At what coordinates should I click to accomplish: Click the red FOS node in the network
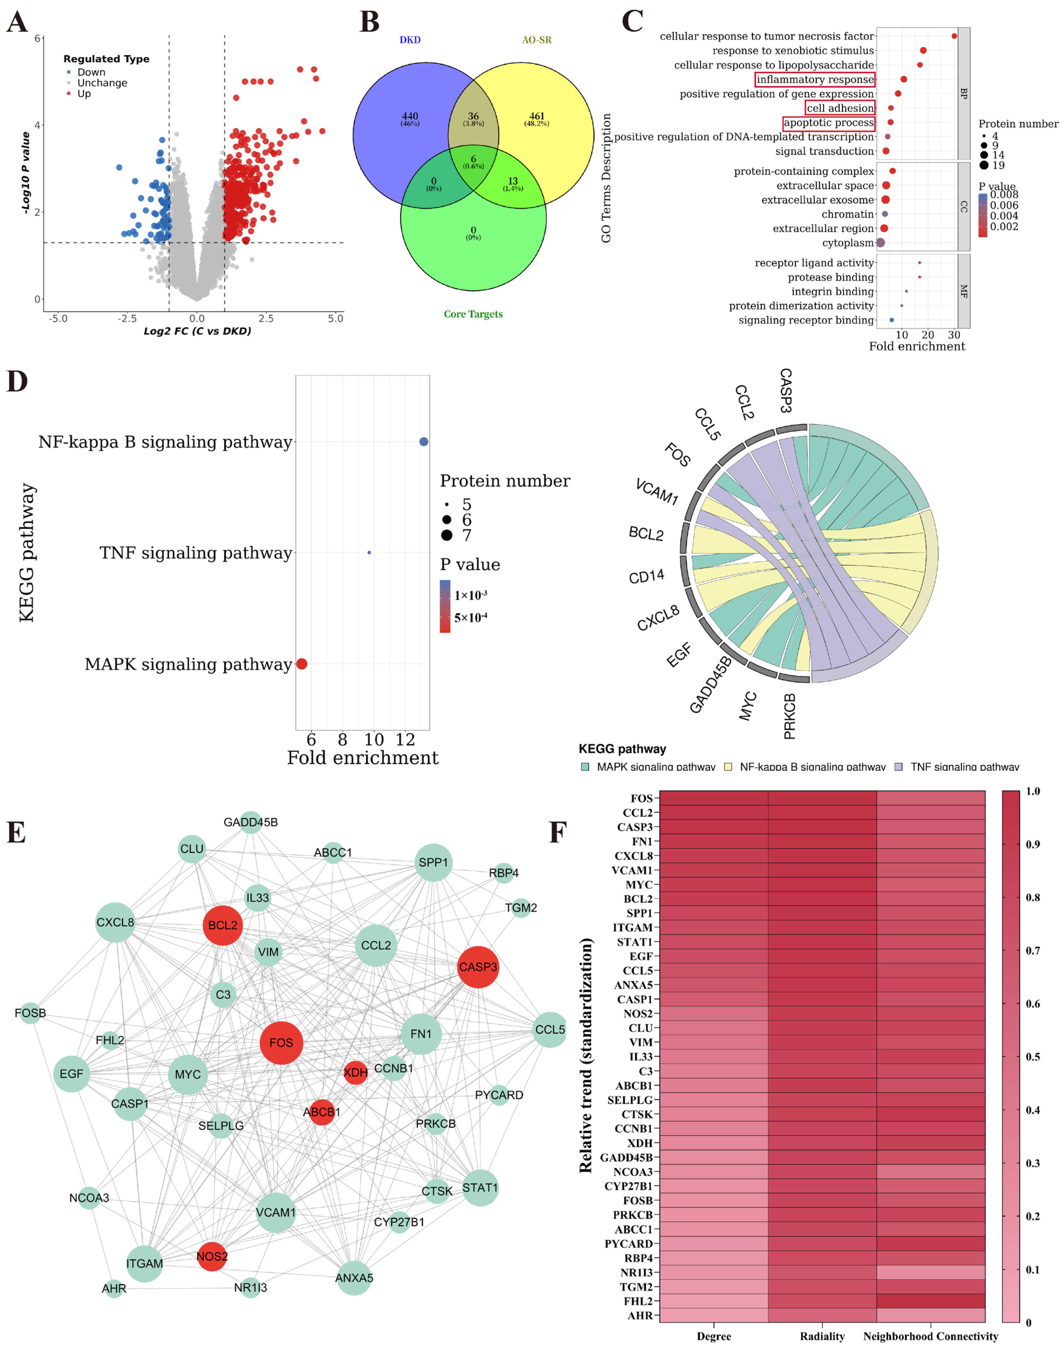281,1043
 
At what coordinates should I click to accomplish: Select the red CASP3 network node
478,967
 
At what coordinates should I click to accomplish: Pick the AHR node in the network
114,1288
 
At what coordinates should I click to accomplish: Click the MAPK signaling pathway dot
302,664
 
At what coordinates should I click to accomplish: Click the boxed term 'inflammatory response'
815,80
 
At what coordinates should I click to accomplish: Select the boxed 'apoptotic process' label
828,122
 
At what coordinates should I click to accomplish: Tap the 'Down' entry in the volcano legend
91,72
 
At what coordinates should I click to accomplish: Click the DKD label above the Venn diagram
410,40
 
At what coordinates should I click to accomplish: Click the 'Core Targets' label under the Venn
473,314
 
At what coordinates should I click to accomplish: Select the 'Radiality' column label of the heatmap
822,1335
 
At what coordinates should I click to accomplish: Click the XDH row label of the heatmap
640,1143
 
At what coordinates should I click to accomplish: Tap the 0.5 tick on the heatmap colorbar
1032,1056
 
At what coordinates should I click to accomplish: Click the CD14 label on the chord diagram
647,577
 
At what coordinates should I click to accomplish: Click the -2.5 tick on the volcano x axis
127,318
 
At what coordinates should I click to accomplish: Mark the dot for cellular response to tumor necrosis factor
954,36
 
